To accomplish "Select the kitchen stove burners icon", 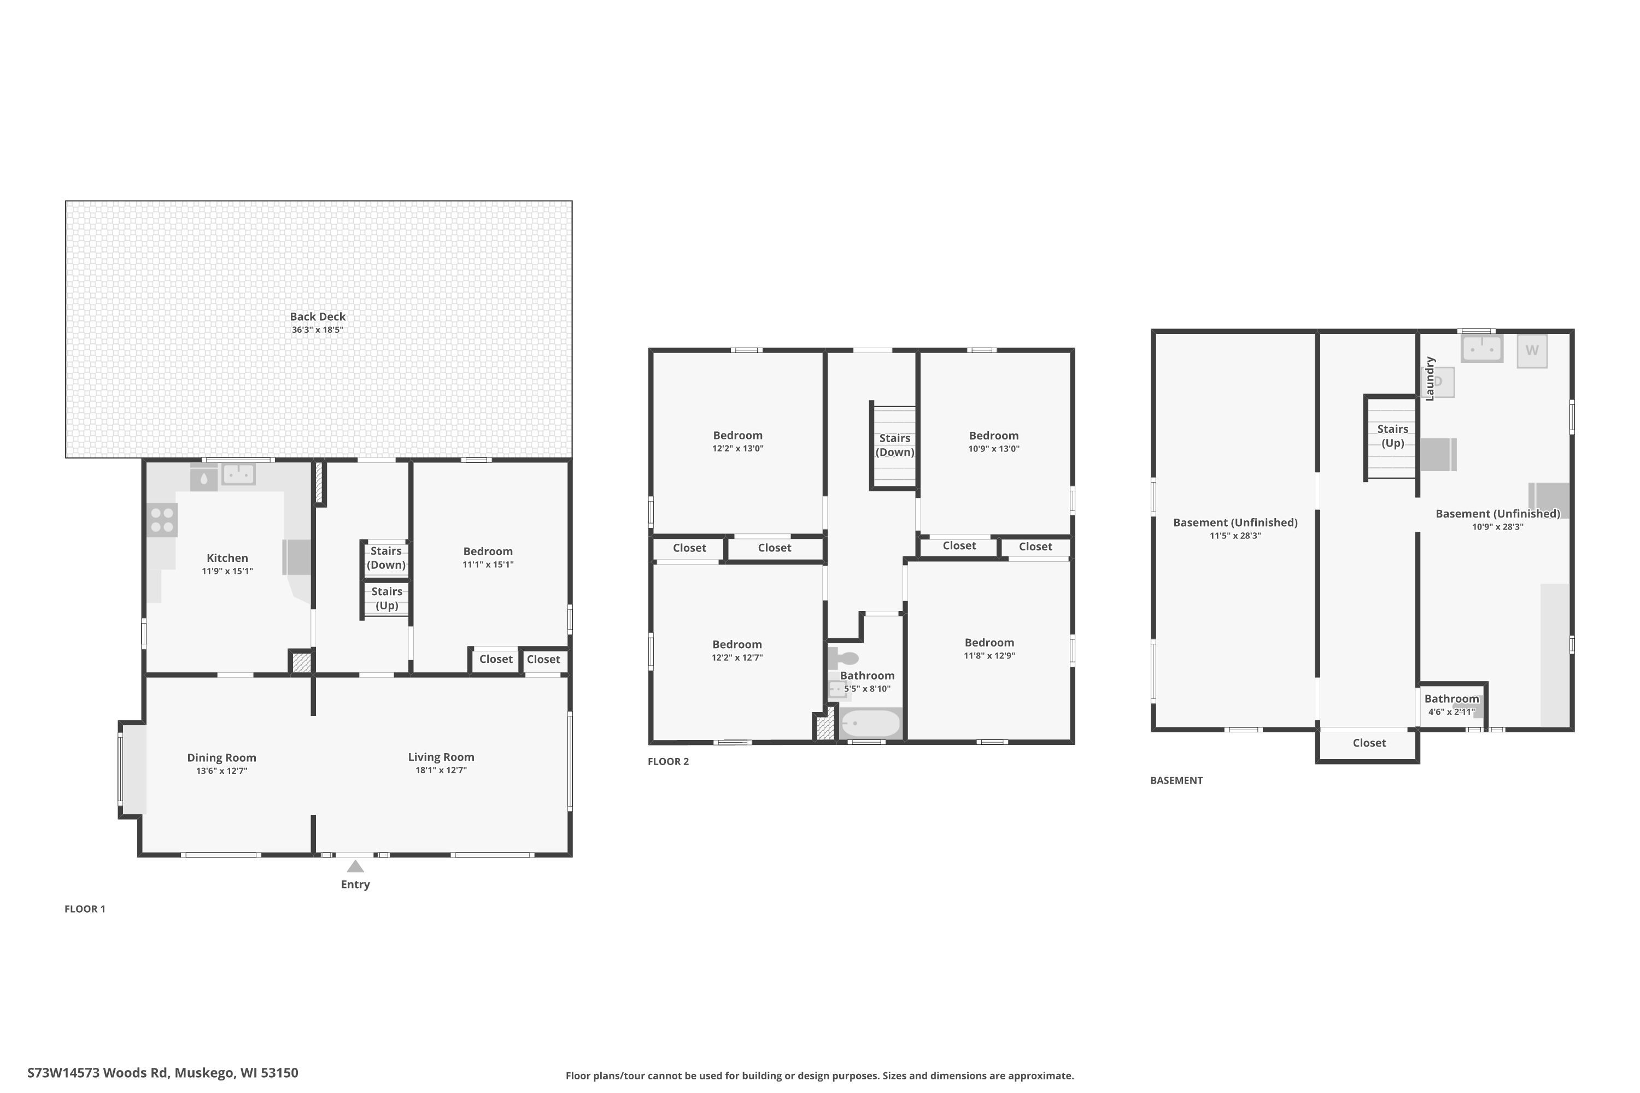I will (162, 520).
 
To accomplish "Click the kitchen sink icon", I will (238, 474).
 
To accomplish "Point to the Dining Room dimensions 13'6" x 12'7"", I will (222, 771).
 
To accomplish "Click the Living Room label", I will (441, 757).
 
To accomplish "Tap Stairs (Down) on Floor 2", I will (894, 445).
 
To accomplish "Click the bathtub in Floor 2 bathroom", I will (870, 724).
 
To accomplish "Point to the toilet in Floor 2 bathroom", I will (844, 657).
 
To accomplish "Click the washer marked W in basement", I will (1532, 351).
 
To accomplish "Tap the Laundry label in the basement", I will (1430, 379).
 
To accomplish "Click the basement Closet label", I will (1369, 743).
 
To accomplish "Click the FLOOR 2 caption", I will (668, 761).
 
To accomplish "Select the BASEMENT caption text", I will (1176, 781).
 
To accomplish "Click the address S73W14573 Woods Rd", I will (162, 1073).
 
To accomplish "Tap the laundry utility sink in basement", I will (1481, 349).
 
